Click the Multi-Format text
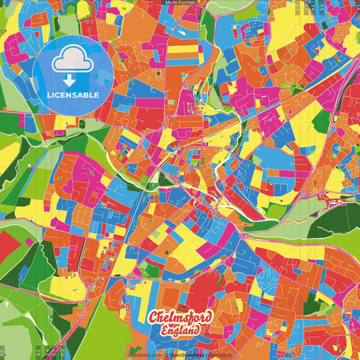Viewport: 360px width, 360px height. tap(179, 3)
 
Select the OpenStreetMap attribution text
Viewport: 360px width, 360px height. tap(186, 354)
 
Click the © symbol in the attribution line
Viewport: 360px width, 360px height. tap(165, 354)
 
